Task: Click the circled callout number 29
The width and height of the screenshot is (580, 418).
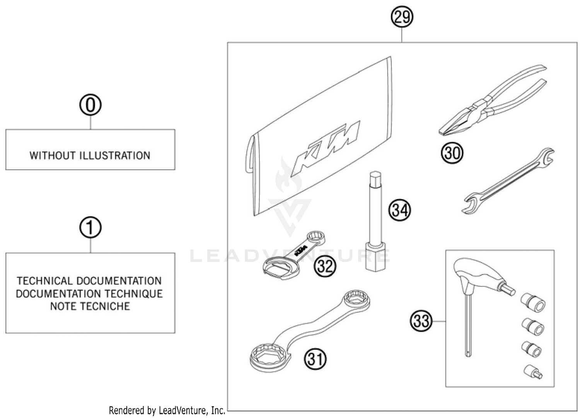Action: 402,17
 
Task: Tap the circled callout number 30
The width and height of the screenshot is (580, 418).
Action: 452,153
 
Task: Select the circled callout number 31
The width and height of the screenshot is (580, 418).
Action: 316,359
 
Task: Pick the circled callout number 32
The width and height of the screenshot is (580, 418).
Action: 325,266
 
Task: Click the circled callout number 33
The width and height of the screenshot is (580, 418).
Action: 421,321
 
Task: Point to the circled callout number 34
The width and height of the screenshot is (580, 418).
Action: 399,210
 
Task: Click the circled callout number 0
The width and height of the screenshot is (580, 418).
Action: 90,105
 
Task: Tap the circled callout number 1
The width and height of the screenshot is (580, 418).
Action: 90,228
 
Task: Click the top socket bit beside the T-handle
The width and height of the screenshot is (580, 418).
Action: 533,301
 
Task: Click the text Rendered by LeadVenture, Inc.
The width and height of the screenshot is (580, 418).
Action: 167,410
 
